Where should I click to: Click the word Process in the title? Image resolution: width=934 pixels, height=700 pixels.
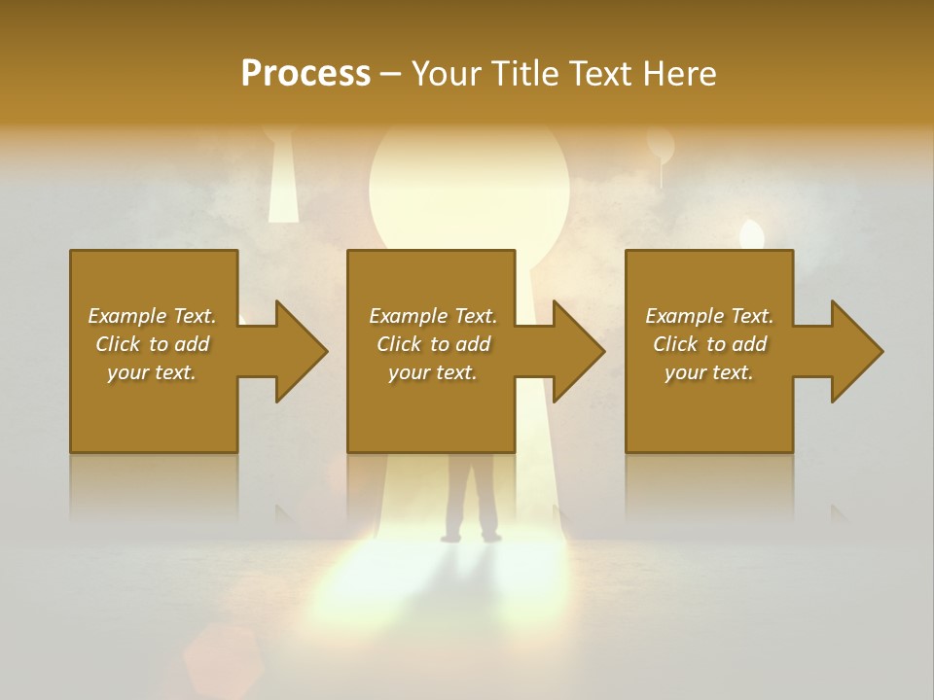(305, 73)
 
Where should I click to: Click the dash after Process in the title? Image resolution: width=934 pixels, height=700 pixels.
(391, 74)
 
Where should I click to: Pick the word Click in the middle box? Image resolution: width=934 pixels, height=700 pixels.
(398, 344)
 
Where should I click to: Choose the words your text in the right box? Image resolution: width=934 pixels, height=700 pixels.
(709, 372)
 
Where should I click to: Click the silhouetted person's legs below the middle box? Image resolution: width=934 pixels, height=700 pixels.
(471, 501)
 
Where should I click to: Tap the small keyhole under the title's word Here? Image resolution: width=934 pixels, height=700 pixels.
(661, 151)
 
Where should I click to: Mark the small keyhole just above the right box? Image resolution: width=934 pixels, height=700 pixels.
(751, 234)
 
